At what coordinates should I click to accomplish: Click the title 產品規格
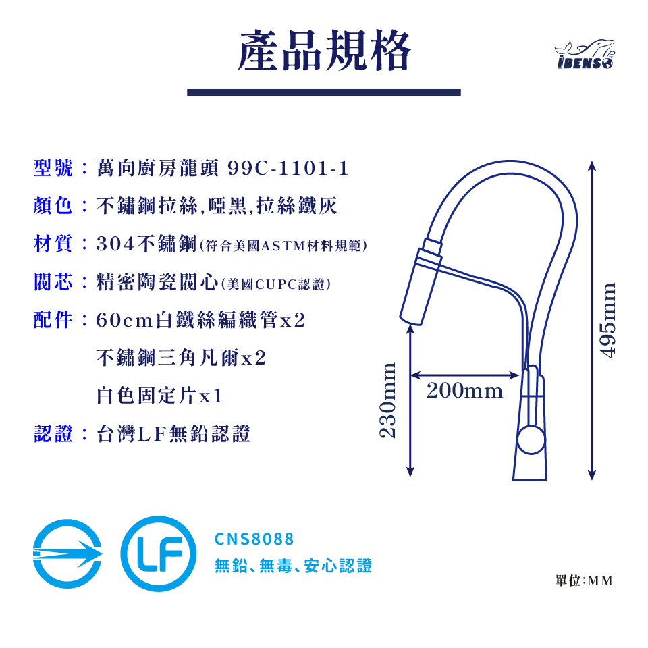pyautogui.click(x=324, y=51)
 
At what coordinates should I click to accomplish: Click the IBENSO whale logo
pyautogui.click(x=585, y=55)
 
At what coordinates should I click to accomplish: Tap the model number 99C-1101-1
pyautogui.click(x=288, y=169)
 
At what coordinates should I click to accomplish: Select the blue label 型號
pyautogui.click(x=53, y=169)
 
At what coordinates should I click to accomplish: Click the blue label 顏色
pyautogui.click(x=53, y=207)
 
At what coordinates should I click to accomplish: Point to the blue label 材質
pyautogui.click(x=53, y=244)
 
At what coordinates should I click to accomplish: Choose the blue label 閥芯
pyautogui.click(x=53, y=282)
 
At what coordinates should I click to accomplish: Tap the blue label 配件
pyautogui.click(x=53, y=320)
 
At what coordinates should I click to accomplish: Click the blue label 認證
pyautogui.click(x=53, y=433)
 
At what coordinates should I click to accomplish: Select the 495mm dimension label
pyautogui.click(x=609, y=320)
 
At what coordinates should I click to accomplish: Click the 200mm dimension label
pyautogui.click(x=464, y=391)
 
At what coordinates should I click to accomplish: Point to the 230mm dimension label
pyautogui.click(x=387, y=400)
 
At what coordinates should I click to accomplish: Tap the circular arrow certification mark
pyautogui.click(x=67, y=553)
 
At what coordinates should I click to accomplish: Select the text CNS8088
pyautogui.click(x=254, y=539)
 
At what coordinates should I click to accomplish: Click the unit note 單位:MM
pyautogui.click(x=584, y=580)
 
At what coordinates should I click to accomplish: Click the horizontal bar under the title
pyautogui.click(x=324, y=92)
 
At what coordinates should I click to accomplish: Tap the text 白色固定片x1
pyautogui.click(x=160, y=396)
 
